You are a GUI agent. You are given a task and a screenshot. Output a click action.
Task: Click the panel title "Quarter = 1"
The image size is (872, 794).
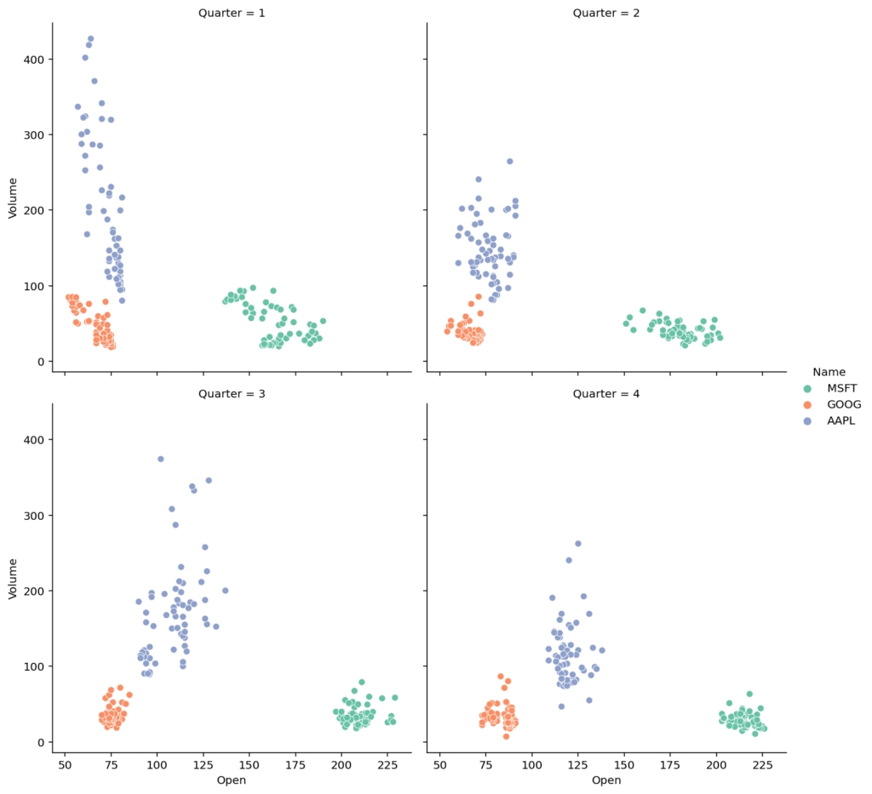232,13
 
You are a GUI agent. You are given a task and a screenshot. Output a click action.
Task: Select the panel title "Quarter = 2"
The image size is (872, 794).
606,13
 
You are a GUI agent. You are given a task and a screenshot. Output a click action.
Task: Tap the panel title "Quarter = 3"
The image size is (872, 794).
232,393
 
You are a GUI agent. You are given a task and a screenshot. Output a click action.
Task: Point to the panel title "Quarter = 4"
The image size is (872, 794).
606,393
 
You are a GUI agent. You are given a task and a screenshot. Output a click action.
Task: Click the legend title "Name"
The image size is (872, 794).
829,372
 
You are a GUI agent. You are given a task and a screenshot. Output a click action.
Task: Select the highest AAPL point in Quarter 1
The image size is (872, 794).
90,38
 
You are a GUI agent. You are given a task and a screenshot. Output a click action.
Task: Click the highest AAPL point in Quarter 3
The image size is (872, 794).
160,459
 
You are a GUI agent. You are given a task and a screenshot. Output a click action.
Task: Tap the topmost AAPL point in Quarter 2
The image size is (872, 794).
509,161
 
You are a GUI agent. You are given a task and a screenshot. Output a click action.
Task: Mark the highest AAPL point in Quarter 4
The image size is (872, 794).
577,543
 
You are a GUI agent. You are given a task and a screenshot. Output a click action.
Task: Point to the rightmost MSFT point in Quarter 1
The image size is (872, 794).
323,321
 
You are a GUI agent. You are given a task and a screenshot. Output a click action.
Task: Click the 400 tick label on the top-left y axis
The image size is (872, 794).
34,60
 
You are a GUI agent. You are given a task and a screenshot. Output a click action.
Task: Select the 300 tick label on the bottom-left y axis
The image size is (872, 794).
34,516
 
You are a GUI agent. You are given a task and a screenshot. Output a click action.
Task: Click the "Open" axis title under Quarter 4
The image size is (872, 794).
606,780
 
